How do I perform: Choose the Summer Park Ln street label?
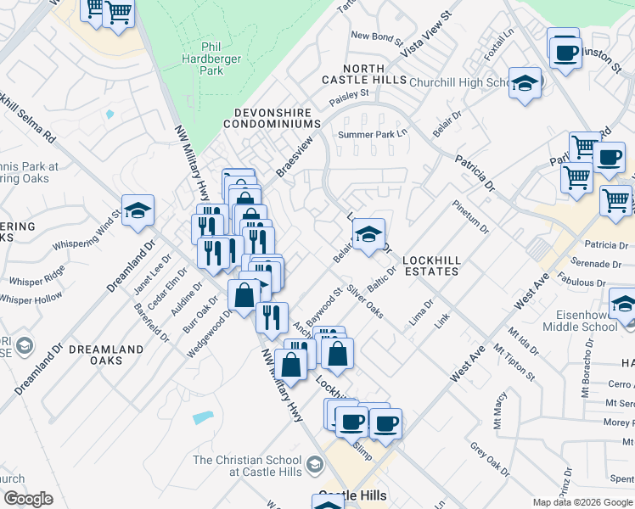tap(373, 135)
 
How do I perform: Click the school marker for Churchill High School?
tap(525, 83)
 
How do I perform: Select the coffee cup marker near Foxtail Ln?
tap(564, 52)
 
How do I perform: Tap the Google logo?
tap(28, 499)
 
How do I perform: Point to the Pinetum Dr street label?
tap(471, 217)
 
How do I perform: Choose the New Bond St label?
tap(374, 36)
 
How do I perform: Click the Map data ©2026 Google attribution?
tap(582, 502)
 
